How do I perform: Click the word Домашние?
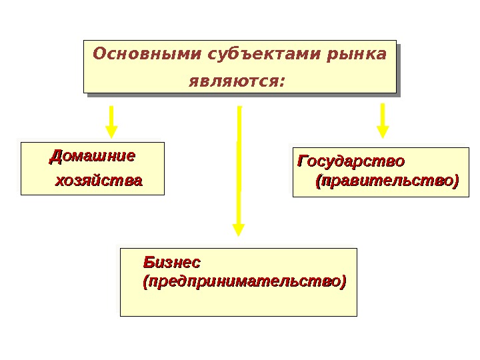[x=93, y=157]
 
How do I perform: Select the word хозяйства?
[x=98, y=181]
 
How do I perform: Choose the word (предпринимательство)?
[x=245, y=281]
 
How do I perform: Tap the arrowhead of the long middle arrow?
[x=239, y=229]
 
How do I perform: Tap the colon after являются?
[x=282, y=82]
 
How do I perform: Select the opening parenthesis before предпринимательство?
[x=146, y=281]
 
